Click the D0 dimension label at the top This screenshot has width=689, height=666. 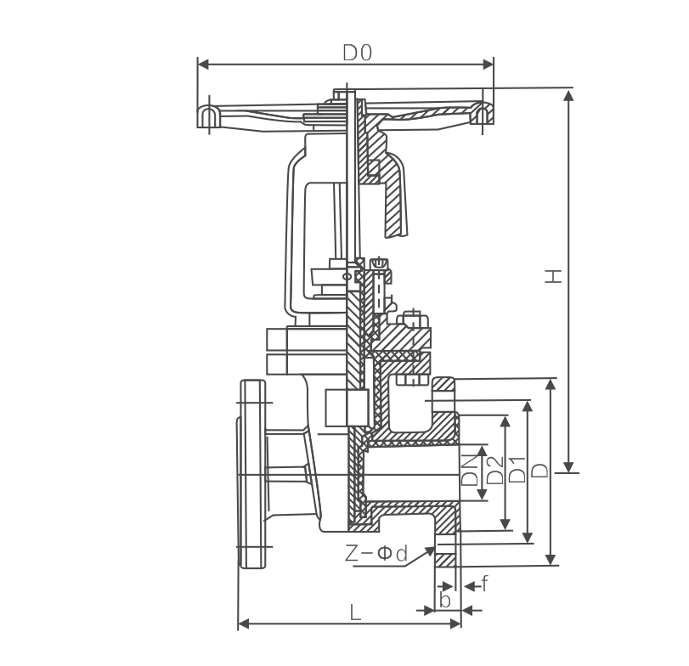pyautogui.click(x=358, y=53)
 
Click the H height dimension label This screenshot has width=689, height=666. pyautogui.click(x=553, y=277)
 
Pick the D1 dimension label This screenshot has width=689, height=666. pyautogui.click(x=517, y=468)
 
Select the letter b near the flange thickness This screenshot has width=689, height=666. pyautogui.click(x=443, y=600)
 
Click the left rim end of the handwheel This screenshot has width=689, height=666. pyautogui.click(x=206, y=116)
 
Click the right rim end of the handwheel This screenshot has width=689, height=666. pyautogui.click(x=483, y=116)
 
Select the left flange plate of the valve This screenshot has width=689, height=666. pyautogui.click(x=252, y=473)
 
